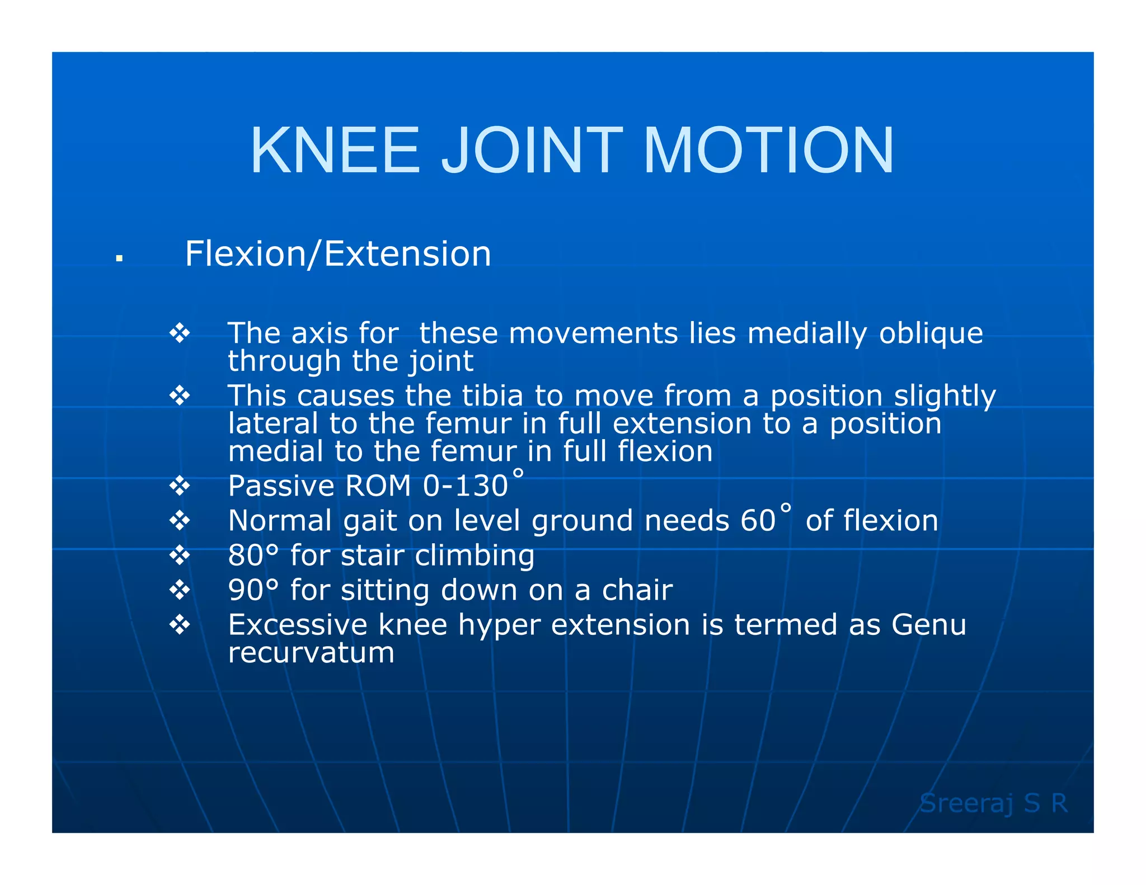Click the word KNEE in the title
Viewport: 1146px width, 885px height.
coord(335,150)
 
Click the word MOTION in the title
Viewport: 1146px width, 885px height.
coord(769,150)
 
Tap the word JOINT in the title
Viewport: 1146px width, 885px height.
coord(532,150)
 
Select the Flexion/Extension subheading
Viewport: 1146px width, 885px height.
coord(338,254)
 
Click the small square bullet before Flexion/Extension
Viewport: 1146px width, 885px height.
coord(119,258)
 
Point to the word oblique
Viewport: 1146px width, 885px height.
coord(931,333)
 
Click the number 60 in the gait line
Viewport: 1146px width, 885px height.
coord(758,521)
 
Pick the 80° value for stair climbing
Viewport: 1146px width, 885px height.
coord(253,556)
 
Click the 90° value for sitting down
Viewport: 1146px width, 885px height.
coord(253,590)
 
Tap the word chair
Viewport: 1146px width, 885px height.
coord(637,590)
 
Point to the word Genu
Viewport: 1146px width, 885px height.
coord(929,625)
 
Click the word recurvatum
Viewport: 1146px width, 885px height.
coord(311,653)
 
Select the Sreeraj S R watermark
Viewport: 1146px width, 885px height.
coord(994,803)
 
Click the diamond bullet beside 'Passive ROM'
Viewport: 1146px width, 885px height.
coord(180,486)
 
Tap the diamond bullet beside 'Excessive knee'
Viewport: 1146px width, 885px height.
coord(180,624)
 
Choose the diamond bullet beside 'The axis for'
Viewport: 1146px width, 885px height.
coord(180,333)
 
